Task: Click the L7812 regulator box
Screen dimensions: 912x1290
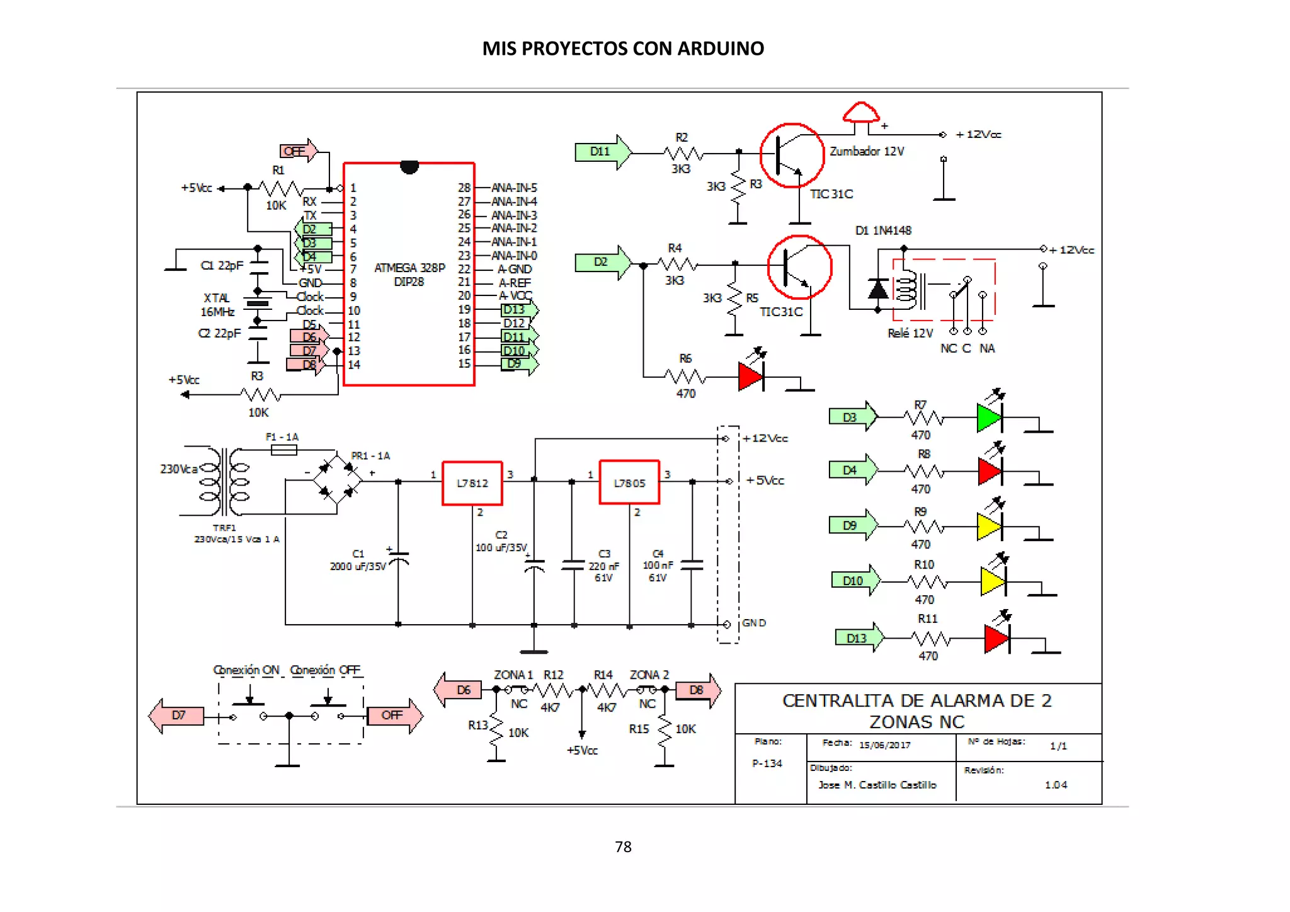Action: click(x=472, y=483)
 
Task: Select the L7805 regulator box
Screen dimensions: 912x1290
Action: click(x=629, y=482)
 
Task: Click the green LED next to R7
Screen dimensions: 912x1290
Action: click(x=989, y=417)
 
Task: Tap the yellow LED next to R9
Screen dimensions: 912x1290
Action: click(x=989, y=527)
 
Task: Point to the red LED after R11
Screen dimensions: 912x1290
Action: click(x=996, y=639)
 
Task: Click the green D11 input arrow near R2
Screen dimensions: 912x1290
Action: click(x=602, y=152)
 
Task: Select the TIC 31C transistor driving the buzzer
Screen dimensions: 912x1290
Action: click(x=792, y=156)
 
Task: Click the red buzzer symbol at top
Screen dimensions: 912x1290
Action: click(x=861, y=113)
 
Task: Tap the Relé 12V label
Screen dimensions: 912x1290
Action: click(x=910, y=333)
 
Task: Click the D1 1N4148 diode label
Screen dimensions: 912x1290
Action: click(x=883, y=231)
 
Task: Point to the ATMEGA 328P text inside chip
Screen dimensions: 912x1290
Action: click(x=409, y=268)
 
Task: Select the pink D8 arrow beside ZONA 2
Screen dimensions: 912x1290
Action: click(x=698, y=690)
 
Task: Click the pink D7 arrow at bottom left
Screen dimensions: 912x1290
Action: click(x=176, y=715)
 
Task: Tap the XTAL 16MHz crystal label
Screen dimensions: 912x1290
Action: click(x=217, y=305)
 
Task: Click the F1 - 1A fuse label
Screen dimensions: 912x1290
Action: click(x=282, y=436)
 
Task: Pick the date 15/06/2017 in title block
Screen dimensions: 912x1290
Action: click(x=884, y=745)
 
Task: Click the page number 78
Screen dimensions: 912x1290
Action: click(x=623, y=846)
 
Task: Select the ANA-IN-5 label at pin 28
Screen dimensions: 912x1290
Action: click(x=514, y=188)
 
